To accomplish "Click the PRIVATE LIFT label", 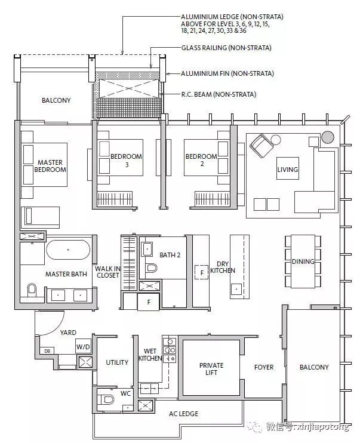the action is [211, 369].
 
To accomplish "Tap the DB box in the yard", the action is [47, 351].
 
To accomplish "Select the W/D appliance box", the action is [83, 346].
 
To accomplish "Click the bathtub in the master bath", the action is [68, 250].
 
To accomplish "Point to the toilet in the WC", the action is [107, 399].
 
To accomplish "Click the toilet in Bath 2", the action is [151, 267].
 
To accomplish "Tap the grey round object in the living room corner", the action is [328, 137].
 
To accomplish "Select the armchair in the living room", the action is [261, 146].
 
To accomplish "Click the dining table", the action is [303, 262].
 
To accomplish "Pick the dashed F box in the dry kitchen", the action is [202, 272].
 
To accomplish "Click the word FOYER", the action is [264, 367].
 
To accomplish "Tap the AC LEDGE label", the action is [183, 414].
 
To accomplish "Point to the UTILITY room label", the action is [117, 362].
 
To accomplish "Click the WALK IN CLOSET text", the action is [107, 272].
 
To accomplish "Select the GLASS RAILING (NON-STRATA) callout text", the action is [226, 48].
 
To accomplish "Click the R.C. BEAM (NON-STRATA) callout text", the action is [219, 94].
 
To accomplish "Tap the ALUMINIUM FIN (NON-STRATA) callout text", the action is [227, 73].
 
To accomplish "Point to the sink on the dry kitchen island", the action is [236, 289].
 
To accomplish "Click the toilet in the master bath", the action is [32, 290].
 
